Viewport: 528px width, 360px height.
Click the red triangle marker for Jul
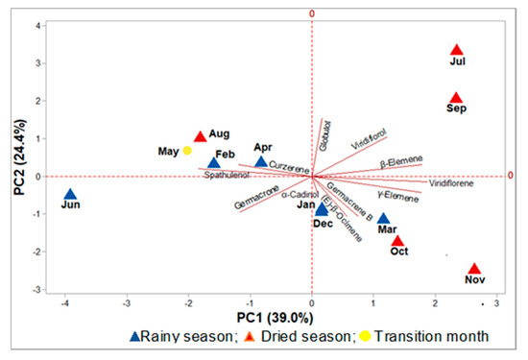(x=457, y=50)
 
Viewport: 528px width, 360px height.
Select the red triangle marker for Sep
(x=457, y=98)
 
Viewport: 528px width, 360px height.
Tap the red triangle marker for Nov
(x=474, y=270)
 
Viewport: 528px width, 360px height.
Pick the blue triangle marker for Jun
(x=69, y=195)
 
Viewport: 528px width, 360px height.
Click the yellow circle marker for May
(x=188, y=151)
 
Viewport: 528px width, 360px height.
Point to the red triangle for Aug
(x=200, y=137)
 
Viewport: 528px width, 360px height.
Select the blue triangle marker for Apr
(x=260, y=161)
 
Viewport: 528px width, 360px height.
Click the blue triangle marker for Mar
(x=384, y=219)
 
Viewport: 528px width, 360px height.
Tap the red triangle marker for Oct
(x=398, y=241)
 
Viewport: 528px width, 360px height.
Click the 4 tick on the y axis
(x=36, y=25)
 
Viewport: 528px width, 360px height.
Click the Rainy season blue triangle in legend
(x=135, y=337)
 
